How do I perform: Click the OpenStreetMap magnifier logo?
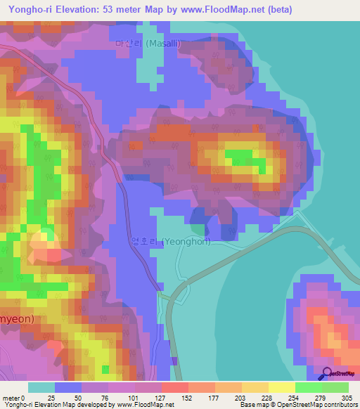tap(328, 373)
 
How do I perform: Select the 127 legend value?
tap(161, 398)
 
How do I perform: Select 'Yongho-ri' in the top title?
tap(27, 9)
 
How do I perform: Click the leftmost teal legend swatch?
tap(41, 387)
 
